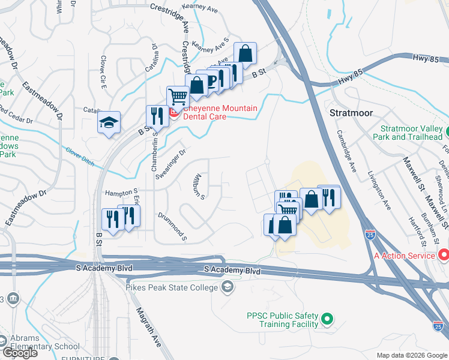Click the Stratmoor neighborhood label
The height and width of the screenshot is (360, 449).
[352, 112]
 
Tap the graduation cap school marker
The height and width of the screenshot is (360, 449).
[109, 123]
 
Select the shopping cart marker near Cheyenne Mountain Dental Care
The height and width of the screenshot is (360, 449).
[178, 97]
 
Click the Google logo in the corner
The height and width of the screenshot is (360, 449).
[19, 353]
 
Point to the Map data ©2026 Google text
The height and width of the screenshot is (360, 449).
[412, 355]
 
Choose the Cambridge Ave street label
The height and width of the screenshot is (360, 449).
[347, 151]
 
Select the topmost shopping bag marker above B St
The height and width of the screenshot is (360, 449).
[245, 53]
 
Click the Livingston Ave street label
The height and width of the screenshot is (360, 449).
[379, 189]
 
